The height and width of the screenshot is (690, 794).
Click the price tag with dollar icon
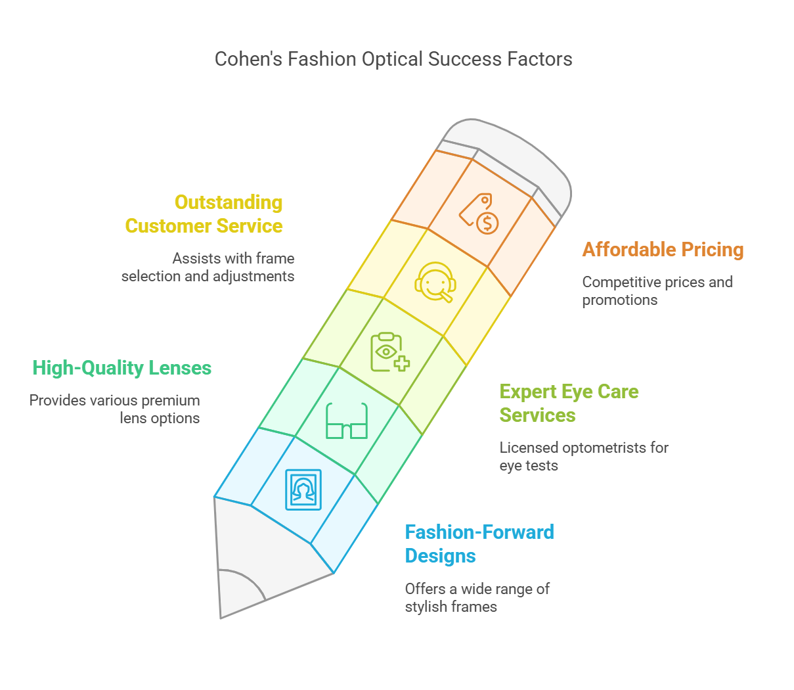point(479,214)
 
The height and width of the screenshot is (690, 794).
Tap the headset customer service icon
point(435,282)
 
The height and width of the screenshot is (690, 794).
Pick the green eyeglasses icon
point(347,421)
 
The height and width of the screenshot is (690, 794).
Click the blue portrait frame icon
point(303,490)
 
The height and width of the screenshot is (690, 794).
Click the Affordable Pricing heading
point(663,249)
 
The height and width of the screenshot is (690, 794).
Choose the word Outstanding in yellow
point(229,202)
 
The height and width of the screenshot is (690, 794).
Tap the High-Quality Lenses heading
point(122,368)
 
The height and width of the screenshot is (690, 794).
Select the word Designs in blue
point(441,556)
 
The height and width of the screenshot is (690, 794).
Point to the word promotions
point(620,300)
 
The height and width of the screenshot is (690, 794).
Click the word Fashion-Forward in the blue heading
point(479,532)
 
